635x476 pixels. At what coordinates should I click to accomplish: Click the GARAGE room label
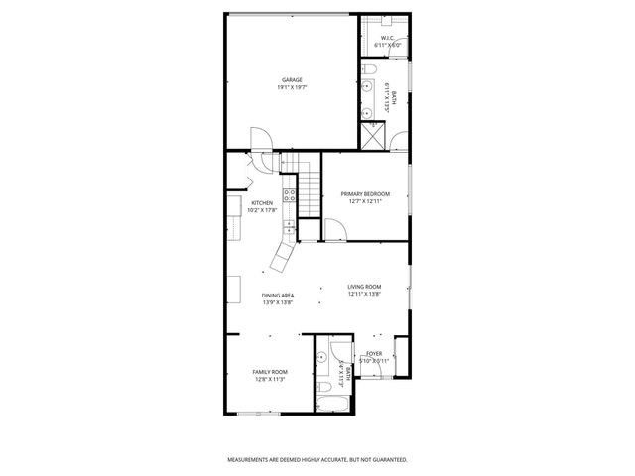[x=291, y=80]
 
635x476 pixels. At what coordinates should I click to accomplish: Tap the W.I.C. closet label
[x=386, y=38]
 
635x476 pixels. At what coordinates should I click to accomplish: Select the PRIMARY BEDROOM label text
[x=365, y=193]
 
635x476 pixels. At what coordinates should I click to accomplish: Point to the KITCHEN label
[x=262, y=203]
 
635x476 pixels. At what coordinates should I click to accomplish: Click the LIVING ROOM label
[x=365, y=288]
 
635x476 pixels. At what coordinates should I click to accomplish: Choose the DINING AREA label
[x=278, y=295]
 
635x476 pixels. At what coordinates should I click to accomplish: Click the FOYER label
[x=374, y=353]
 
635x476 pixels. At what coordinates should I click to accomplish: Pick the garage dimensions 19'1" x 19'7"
[x=291, y=88]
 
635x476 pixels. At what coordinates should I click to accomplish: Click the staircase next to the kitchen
[x=311, y=188]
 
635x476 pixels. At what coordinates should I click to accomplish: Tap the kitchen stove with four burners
[x=291, y=195]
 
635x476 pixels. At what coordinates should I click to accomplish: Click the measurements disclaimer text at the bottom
[x=317, y=460]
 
